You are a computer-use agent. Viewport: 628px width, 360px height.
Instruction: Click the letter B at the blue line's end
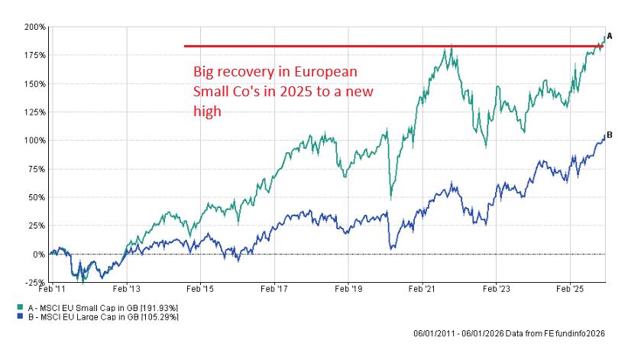click(609, 135)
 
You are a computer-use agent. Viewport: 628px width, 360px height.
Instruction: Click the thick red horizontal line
click(382, 46)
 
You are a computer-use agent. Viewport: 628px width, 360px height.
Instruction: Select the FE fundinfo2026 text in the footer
click(571, 334)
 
